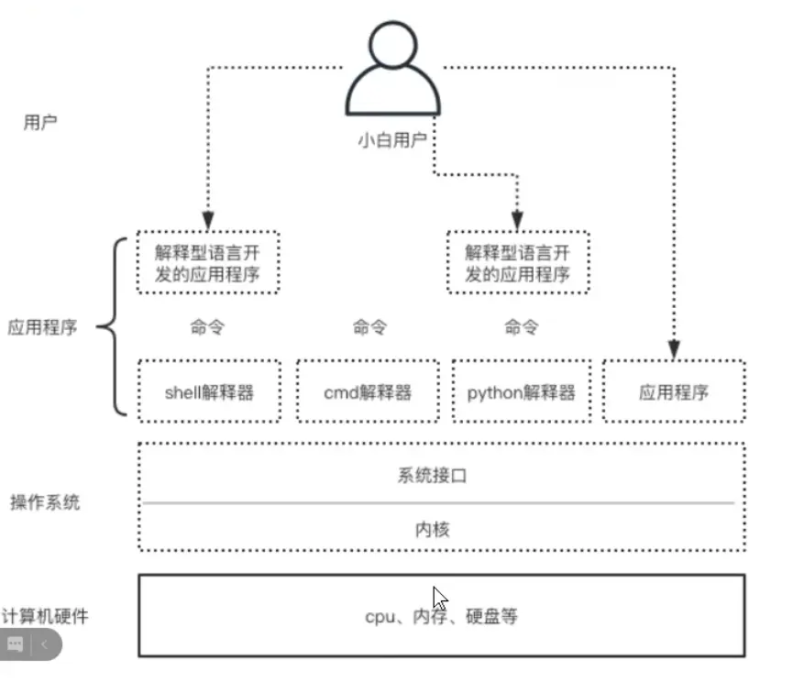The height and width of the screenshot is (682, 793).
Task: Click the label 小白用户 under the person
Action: (391, 142)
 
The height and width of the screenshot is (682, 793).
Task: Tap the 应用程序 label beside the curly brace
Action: (42, 328)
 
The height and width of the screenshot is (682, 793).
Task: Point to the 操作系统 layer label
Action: (45, 502)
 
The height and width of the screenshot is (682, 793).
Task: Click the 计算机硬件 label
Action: (46, 617)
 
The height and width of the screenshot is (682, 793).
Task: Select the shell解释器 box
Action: (209, 393)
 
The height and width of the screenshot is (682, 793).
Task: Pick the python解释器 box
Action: (521, 393)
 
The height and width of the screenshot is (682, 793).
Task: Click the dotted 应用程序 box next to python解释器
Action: (674, 393)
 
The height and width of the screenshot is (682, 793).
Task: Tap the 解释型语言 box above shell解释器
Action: (208, 263)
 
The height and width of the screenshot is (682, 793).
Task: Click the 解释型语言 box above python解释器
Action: (518, 263)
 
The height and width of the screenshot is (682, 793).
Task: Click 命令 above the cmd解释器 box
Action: (369, 327)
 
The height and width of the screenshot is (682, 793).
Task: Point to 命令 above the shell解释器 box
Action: (207, 327)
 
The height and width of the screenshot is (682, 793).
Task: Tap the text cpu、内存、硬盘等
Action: (441, 617)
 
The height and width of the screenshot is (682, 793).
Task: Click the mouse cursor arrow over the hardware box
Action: (440, 599)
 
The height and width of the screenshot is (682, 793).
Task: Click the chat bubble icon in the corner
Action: (15, 645)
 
